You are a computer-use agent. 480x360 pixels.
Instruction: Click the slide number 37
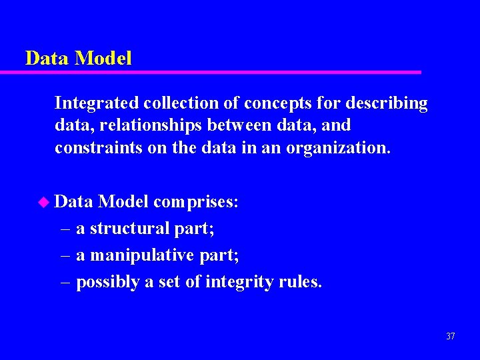[450, 337]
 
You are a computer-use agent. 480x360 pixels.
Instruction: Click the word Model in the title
[103, 58]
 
